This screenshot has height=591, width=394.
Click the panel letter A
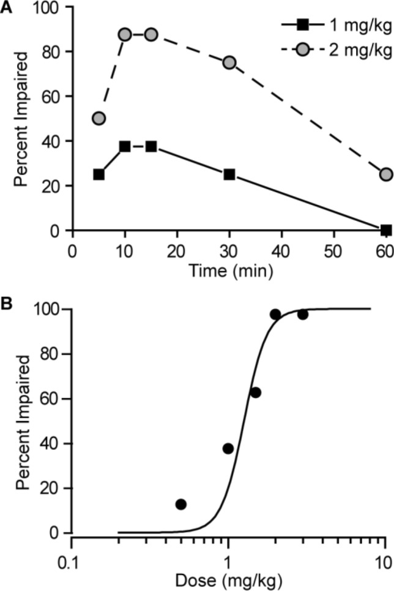click(x=7, y=9)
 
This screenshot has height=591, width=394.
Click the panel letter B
click(x=7, y=303)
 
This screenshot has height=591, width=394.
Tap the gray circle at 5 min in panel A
click(x=98, y=118)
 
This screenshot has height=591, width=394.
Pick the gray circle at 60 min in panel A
click(x=385, y=174)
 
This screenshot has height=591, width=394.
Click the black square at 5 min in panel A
click(x=98, y=174)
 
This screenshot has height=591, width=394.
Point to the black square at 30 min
click(x=229, y=174)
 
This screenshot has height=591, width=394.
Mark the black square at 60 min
click(x=385, y=230)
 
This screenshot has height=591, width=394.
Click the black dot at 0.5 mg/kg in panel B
click(x=181, y=504)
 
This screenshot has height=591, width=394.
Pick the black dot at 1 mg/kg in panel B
click(x=228, y=448)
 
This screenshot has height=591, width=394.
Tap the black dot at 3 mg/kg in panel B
click(x=303, y=314)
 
